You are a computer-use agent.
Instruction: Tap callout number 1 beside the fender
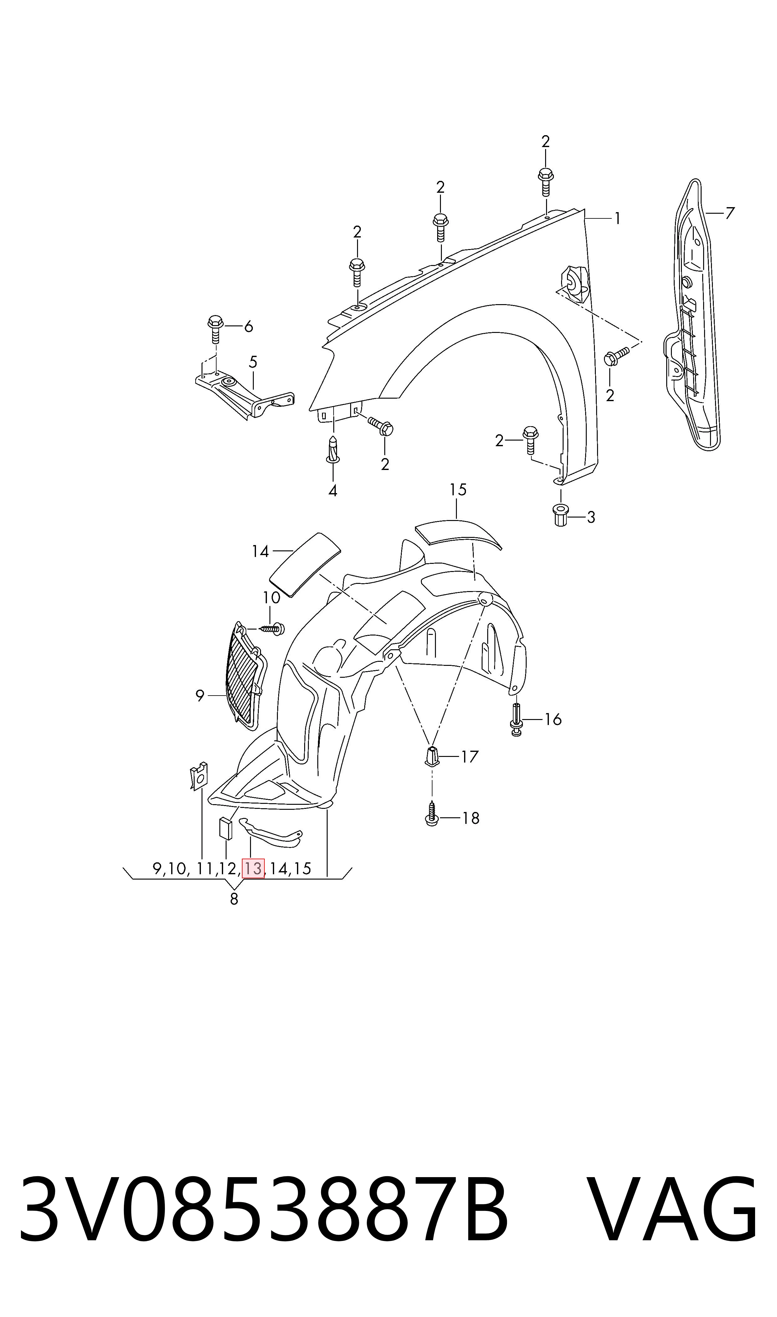617,218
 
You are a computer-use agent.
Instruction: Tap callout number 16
553,719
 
